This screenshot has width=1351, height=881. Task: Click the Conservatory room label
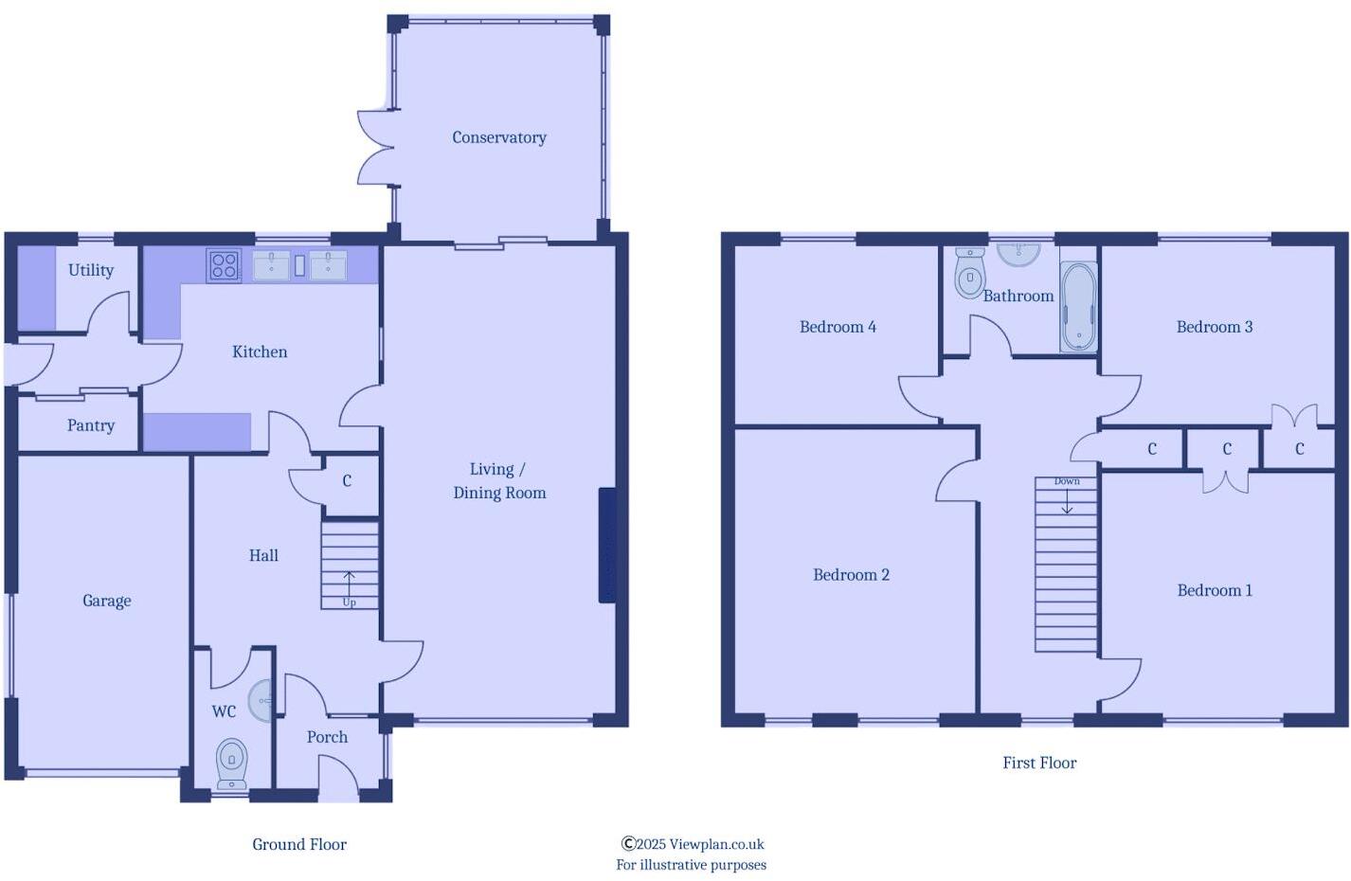coord(499,137)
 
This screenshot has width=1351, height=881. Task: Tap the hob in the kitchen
coord(224,265)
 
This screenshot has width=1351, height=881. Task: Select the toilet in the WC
coord(232,763)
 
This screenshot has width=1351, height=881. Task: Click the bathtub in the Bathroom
coord(1078,306)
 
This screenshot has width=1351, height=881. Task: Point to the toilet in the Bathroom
coord(969,274)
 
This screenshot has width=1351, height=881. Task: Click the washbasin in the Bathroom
coord(1018,253)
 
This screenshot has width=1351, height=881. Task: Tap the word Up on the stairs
coord(350,602)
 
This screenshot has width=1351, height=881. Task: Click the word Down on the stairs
coord(1067,481)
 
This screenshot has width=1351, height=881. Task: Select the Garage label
coord(107,601)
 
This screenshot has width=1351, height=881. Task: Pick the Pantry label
coord(91,426)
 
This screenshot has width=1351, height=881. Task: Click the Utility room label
coord(91,270)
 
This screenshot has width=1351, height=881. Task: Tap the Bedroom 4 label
coord(838,327)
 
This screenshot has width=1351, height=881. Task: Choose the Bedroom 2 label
coord(851,575)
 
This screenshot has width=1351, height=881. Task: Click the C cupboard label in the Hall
coord(347,481)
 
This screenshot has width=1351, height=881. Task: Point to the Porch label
coord(327,737)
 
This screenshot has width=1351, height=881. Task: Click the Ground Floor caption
coord(299,844)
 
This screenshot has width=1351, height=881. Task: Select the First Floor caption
coord(1039,763)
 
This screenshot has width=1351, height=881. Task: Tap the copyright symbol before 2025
coord(627,843)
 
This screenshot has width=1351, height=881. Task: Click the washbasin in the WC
coord(261,701)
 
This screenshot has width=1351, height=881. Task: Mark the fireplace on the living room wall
coord(607,545)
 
